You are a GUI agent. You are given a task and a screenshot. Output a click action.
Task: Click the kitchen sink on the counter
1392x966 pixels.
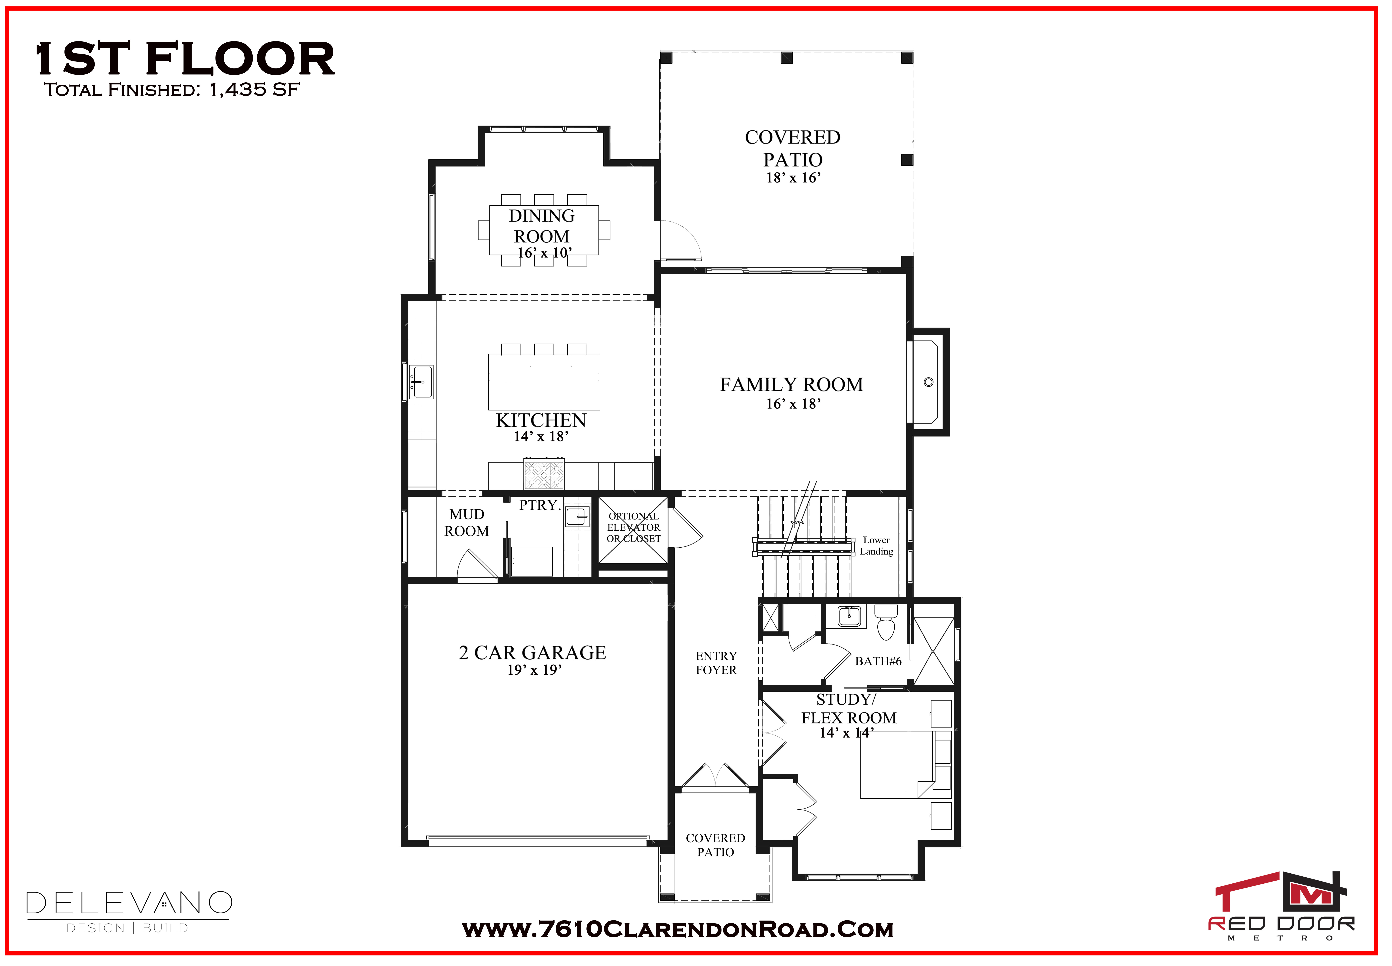421,382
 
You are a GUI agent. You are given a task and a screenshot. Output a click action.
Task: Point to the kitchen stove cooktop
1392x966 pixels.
543,474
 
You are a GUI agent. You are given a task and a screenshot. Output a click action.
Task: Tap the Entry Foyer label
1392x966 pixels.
716,663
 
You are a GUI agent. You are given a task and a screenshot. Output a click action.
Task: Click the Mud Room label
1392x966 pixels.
467,522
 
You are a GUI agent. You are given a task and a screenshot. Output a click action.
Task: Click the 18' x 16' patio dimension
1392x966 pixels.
793,178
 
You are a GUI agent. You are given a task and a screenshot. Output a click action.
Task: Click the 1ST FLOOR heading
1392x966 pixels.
185,59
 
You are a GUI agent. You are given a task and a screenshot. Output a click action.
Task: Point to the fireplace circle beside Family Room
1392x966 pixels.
928,382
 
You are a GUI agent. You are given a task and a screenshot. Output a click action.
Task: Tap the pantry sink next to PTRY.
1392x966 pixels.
577,517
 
